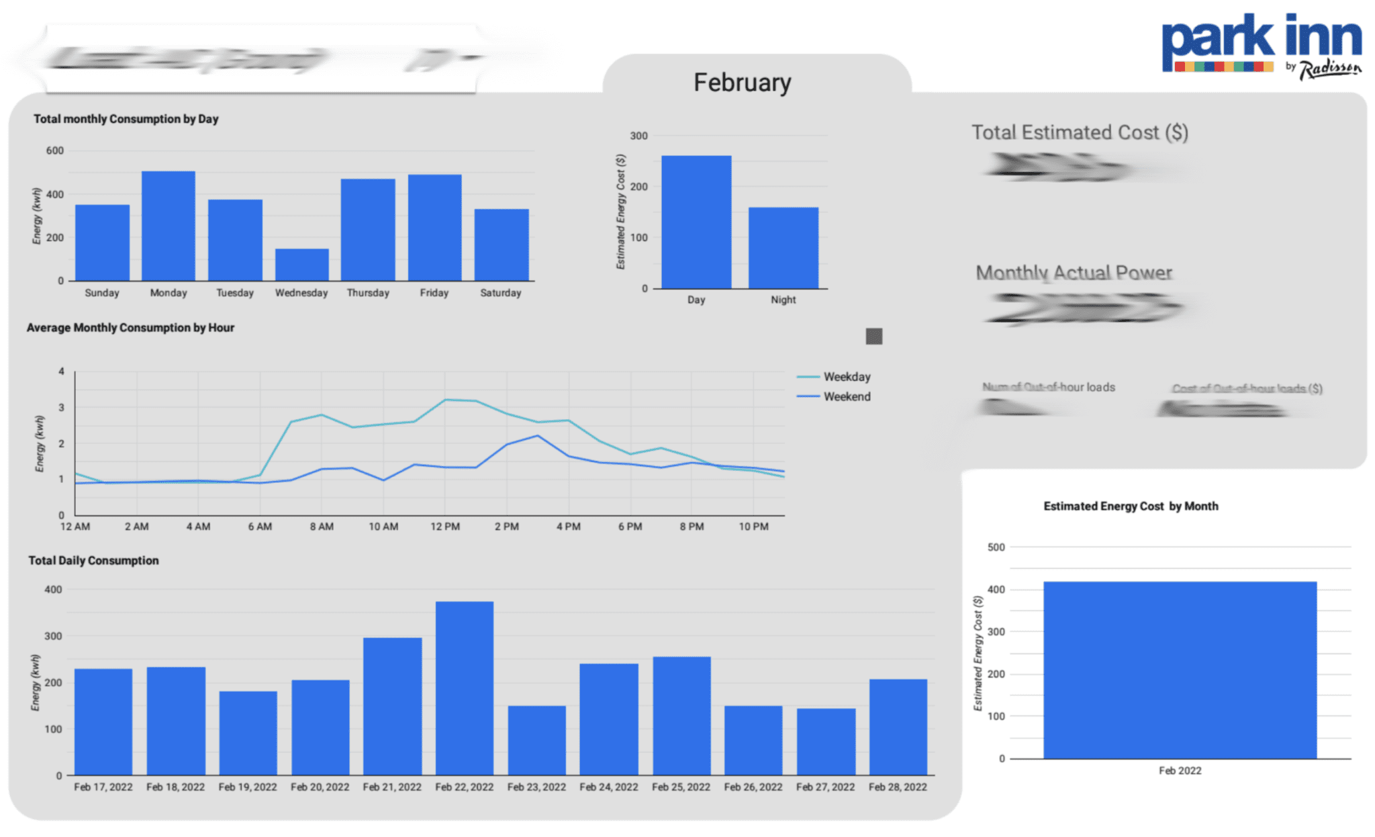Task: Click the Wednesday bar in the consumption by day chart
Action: click(x=301, y=265)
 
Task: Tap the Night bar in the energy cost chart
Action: click(x=783, y=248)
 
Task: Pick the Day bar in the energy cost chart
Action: click(x=696, y=222)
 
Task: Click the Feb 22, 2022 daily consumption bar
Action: click(x=464, y=688)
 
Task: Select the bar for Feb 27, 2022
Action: click(x=826, y=742)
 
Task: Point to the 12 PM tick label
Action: click(x=445, y=527)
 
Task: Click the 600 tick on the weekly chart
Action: click(x=55, y=150)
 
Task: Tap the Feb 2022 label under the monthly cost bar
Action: click(x=1180, y=770)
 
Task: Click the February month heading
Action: click(x=742, y=83)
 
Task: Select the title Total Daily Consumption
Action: click(x=93, y=560)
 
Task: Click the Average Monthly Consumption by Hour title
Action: click(x=130, y=328)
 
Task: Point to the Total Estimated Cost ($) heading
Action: click(x=1080, y=132)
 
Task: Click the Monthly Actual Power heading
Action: click(x=1074, y=273)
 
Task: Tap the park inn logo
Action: click(x=1261, y=46)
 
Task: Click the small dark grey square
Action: click(x=873, y=336)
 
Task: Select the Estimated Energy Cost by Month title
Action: click(x=1131, y=506)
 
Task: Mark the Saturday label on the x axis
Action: click(x=500, y=293)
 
